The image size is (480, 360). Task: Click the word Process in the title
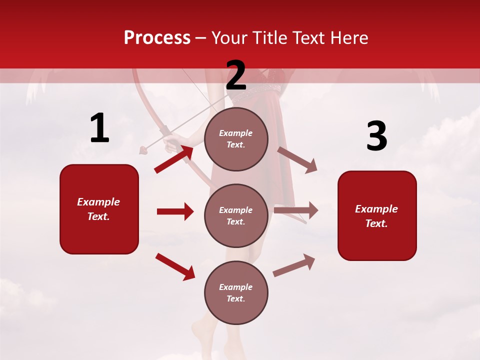click(x=157, y=37)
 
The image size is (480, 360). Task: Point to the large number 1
click(x=99, y=128)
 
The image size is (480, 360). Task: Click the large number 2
click(x=236, y=75)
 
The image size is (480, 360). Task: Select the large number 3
click(x=376, y=136)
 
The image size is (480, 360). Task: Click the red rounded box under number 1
click(x=99, y=209)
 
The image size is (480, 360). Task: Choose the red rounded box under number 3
click(x=377, y=215)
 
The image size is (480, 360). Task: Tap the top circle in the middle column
click(x=236, y=139)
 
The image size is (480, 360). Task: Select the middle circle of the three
click(x=236, y=215)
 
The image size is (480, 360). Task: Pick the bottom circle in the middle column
click(x=236, y=292)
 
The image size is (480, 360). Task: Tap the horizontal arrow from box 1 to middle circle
click(x=175, y=211)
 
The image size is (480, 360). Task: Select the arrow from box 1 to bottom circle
click(x=175, y=266)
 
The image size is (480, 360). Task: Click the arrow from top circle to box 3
click(x=297, y=159)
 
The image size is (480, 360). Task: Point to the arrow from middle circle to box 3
click(x=296, y=210)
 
